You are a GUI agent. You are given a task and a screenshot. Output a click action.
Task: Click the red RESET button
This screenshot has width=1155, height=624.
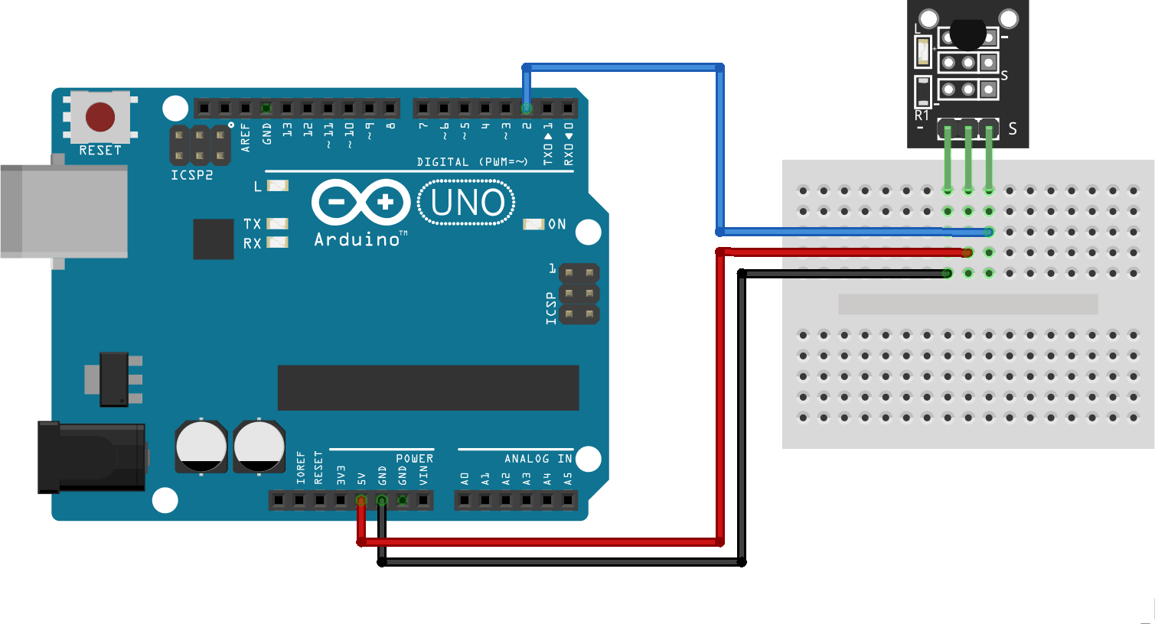(x=100, y=117)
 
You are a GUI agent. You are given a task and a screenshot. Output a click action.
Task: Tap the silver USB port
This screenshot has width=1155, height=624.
(x=64, y=211)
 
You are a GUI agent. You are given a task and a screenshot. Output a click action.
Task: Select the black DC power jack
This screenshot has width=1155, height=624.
(x=91, y=457)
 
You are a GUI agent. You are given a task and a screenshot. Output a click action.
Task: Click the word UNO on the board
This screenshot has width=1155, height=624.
(x=467, y=203)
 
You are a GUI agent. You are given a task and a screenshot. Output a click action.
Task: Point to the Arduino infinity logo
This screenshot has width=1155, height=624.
(x=361, y=202)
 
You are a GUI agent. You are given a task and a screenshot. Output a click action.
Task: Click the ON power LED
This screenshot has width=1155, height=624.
(x=533, y=224)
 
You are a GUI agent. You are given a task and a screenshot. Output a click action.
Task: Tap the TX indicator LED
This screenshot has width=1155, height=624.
(x=277, y=223)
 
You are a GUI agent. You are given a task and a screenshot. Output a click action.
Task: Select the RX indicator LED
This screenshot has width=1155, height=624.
(x=277, y=242)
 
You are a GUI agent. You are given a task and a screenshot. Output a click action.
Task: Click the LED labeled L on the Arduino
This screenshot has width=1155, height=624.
(x=277, y=186)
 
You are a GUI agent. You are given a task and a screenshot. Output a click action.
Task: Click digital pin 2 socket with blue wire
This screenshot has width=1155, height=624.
(x=527, y=109)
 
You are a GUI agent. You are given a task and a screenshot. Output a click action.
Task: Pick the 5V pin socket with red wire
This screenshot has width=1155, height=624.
(x=361, y=500)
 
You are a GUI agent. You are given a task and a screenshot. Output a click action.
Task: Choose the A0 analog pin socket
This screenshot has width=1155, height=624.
(x=465, y=500)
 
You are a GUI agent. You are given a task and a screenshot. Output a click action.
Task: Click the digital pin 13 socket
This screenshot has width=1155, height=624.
(x=287, y=109)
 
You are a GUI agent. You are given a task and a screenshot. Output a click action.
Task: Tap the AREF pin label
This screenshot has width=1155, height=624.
(x=246, y=138)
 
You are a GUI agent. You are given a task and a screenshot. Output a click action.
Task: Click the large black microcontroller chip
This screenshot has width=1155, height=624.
(x=428, y=388)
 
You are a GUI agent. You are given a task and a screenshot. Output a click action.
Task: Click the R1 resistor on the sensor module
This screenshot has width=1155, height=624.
(x=922, y=92)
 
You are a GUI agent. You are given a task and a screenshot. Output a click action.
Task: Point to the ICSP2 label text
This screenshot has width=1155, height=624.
(x=192, y=175)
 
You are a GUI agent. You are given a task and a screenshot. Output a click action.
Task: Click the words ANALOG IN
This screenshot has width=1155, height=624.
(x=538, y=459)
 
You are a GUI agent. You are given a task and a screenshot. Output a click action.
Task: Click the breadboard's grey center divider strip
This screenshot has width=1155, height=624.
(x=967, y=304)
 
